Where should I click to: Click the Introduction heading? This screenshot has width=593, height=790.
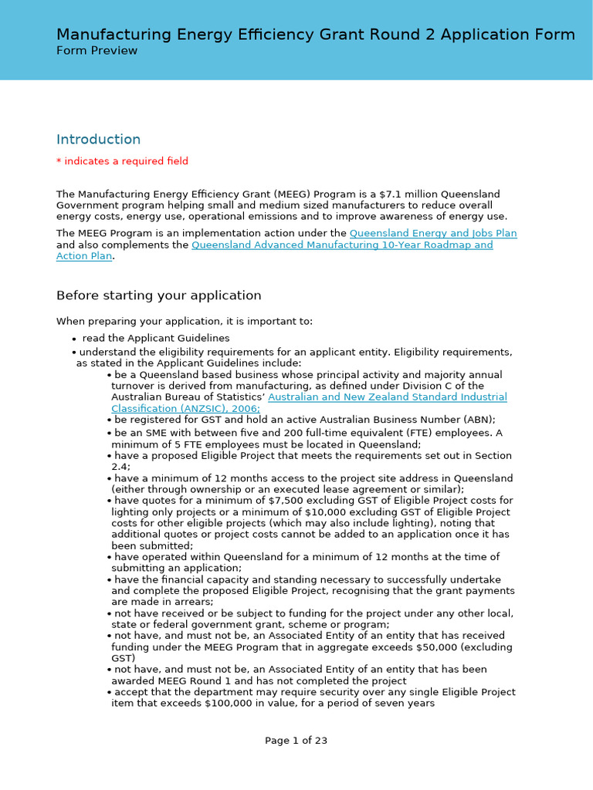point(98,140)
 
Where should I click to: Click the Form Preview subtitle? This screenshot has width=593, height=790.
point(97,51)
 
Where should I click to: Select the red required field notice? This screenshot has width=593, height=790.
point(122,161)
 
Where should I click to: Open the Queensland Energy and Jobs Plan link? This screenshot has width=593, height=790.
point(433,233)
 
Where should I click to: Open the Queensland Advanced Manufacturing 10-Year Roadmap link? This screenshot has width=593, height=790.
point(341,245)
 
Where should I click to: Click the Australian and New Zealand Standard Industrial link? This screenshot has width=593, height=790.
point(387,397)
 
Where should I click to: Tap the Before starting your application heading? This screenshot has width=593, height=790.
point(158,295)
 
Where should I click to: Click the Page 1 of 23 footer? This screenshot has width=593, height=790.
point(296,741)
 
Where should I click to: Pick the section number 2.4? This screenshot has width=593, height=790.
point(120,467)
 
